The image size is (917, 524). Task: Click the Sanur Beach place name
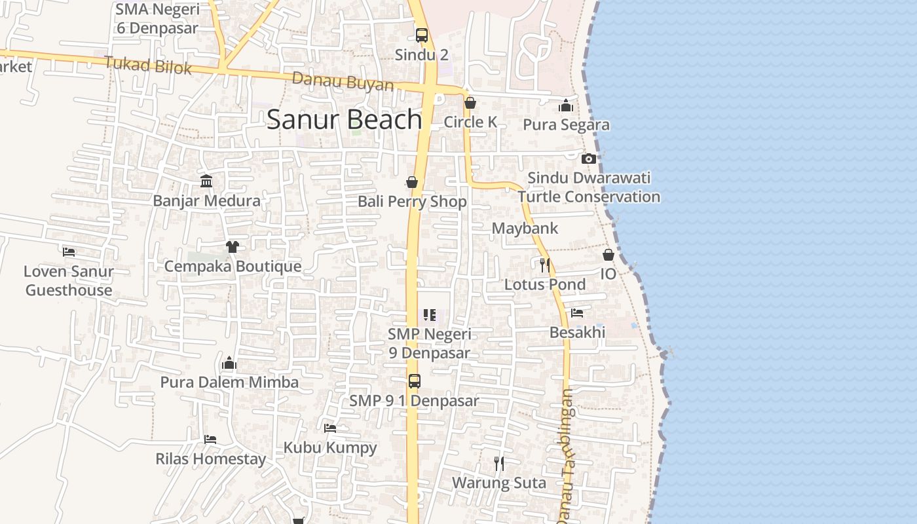(x=344, y=119)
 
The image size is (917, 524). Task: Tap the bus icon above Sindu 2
(x=422, y=35)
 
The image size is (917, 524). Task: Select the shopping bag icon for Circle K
(x=470, y=103)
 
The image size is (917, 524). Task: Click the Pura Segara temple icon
(x=566, y=105)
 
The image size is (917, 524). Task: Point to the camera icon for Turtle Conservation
(x=588, y=159)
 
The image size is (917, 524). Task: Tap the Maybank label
(x=525, y=228)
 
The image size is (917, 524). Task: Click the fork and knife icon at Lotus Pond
(x=544, y=265)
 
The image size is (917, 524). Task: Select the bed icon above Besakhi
(x=576, y=313)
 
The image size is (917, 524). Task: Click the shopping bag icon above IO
(x=608, y=255)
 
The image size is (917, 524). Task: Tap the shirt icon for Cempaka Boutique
(x=233, y=247)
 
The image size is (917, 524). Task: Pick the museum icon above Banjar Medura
(x=206, y=181)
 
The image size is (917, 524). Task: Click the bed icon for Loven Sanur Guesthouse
(x=69, y=252)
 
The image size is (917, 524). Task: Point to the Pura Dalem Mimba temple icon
(x=229, y=363)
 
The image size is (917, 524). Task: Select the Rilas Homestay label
(x=210, y=458)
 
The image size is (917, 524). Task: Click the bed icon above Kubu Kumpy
(x=330, y=428)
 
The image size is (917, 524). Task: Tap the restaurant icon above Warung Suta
(x=499, y=464)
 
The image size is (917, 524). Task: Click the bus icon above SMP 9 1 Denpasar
(x=414, y=381)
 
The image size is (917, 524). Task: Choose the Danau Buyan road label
(x=343, y=83)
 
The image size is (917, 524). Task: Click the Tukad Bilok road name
(x=147, y=65)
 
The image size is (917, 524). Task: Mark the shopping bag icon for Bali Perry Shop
(x=412, y=182)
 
